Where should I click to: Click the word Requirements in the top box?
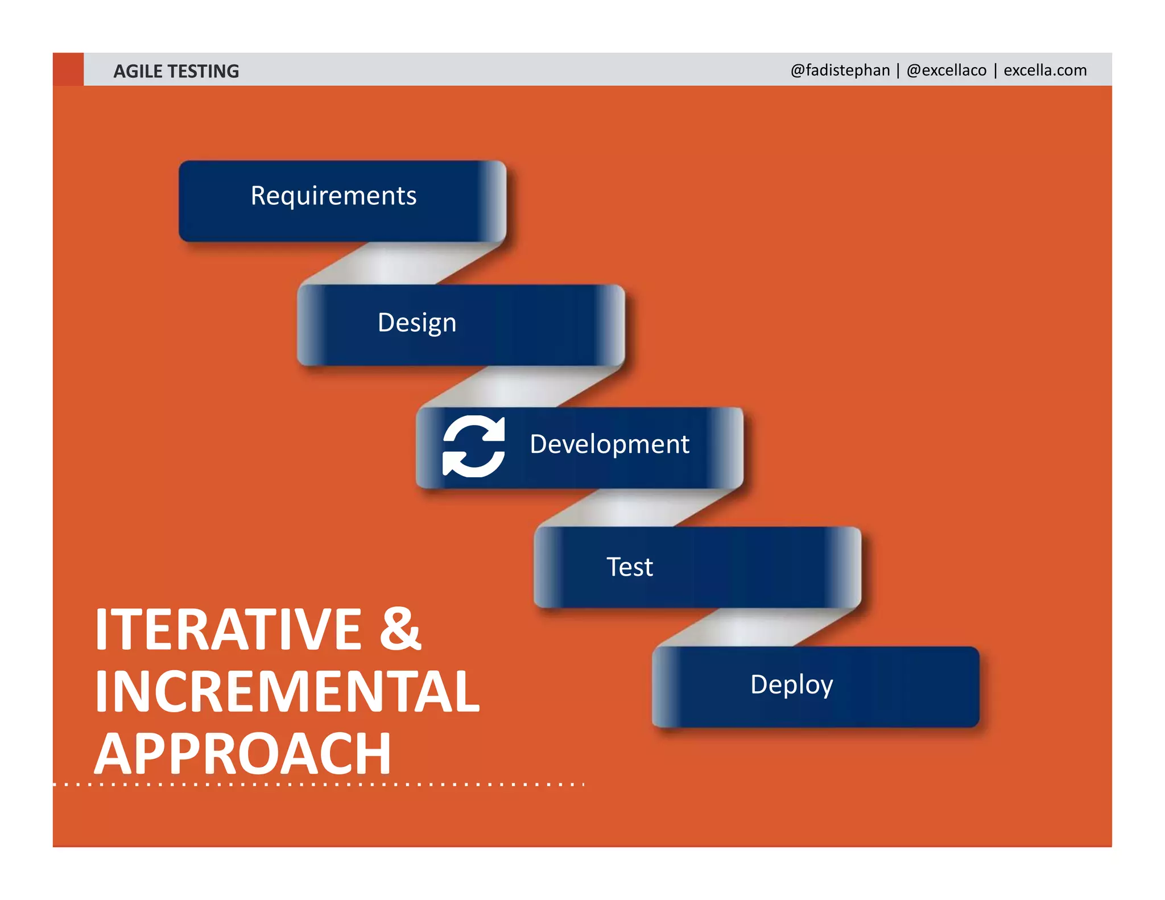(x=333, y=196)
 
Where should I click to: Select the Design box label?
(x=417, y=323)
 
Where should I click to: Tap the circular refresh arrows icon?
(x=473, y=446)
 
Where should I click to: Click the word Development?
(x=609, y=444)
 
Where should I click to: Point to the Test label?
(x=629, y=567)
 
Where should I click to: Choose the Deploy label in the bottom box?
(x=791, y=684)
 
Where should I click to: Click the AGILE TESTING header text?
(x=176, y=71)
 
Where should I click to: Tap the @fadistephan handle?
(x=840, y=70)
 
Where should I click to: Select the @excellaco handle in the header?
(x=947, y=70)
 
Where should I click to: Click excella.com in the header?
(x=1045, y=70)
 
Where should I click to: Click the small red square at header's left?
(x=68, y=69)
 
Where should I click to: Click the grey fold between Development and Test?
(x=637, y=508)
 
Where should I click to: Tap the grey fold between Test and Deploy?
(x=757, y=627)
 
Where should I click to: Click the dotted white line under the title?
(x=319, y=785)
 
